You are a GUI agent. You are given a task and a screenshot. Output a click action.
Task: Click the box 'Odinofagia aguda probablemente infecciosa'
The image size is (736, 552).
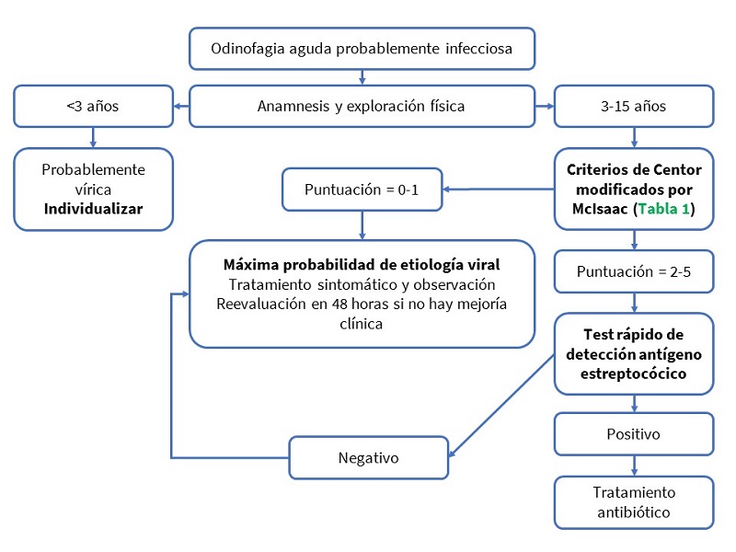pyautogui.click(x=362, y=48)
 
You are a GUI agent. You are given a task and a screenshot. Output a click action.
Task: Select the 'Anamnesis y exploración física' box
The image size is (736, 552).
pyautogui.click(x=362, y=106)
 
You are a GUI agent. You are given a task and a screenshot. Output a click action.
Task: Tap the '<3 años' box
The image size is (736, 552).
pyautogui.click(x=93, y=106)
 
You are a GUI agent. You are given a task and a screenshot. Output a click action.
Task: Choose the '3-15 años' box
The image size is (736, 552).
pyautogui.click(x=633, y=106)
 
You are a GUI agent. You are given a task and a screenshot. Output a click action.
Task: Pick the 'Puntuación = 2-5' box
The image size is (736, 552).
pyautogui.click(x=633, y=271)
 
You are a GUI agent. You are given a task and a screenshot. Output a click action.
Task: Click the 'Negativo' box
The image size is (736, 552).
pyautogui.click(x=368, y=457)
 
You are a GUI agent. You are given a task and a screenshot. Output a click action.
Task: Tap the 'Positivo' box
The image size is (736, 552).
pyautogui.click(x=633, y=433)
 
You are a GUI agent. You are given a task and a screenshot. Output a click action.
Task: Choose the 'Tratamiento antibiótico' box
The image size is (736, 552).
pyautogui.click(x=633, y=501)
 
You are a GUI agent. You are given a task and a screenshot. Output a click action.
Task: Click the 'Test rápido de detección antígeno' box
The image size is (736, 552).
pyautogui.click(x=633, y=353)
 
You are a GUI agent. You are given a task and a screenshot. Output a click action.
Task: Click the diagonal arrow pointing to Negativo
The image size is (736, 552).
pyautogui.click(x=501, y=406)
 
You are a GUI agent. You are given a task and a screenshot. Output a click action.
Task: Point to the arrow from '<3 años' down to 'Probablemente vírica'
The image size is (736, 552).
pyautogui.click(x=93, y=137)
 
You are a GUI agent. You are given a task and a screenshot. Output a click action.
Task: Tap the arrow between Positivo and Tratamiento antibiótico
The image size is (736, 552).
pyautogui.click(x=633, y=466)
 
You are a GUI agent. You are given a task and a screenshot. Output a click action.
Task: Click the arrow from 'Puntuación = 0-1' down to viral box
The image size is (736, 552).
pyautogui.click(x=362, y=224)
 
